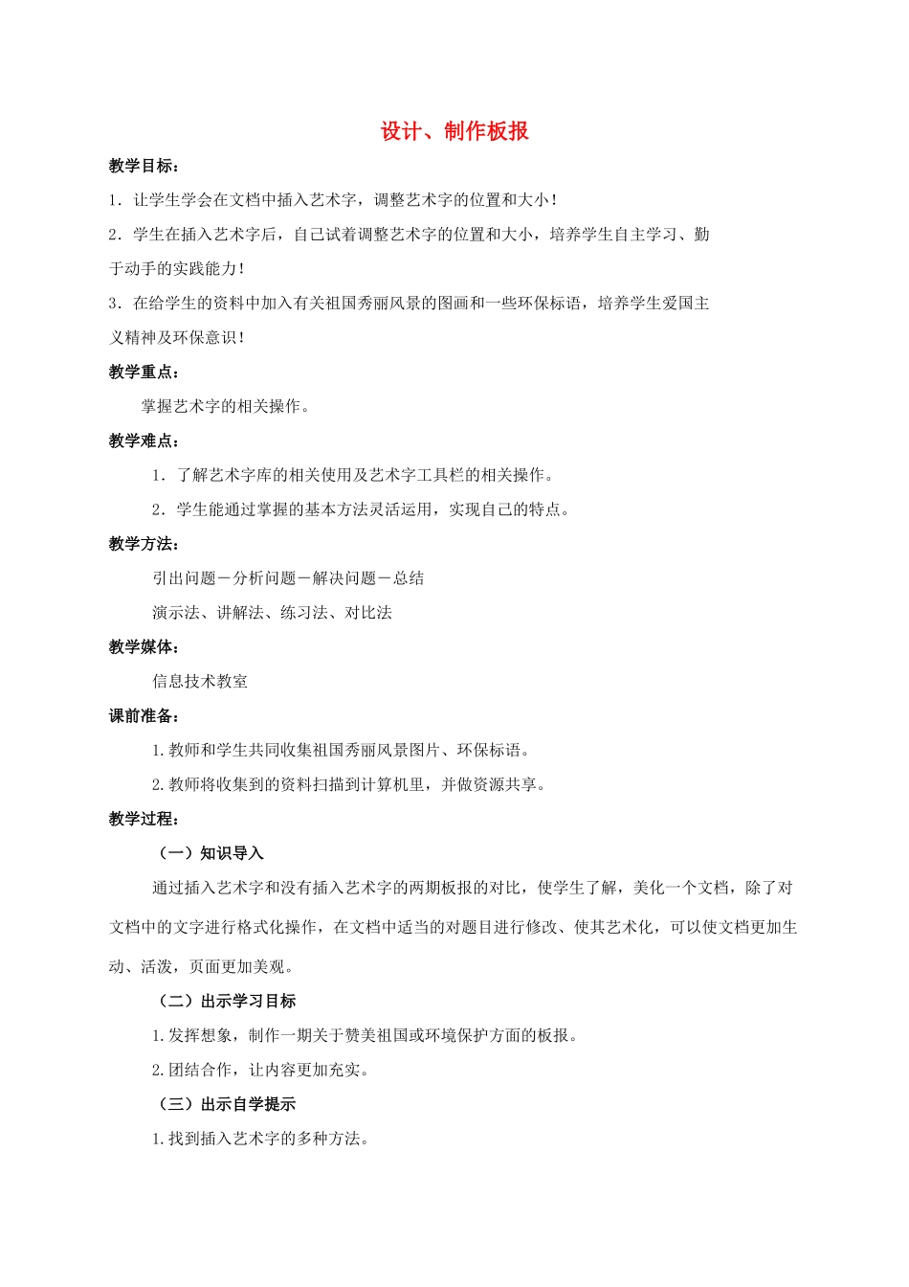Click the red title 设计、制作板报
coord(454,132)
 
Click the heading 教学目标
coord(143,167)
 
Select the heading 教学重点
coord(143,373)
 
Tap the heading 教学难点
coord(143,441)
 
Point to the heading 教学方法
coord(143,545)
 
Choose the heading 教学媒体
coord(143,648)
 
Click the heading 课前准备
coord(143,716)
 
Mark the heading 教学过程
coord(143,820)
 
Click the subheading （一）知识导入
coord(211,854)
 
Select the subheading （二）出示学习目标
coord(227,1002)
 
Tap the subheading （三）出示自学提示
coord(227,1105)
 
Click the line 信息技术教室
coord(200,682)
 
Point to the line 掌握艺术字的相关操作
coord(226,407)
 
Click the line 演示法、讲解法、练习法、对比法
coord(272,613)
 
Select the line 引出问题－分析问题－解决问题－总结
coord(288,578)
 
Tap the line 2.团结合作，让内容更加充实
coord(260,1071)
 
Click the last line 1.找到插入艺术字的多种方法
coord(260,1140)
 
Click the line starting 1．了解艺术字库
coord(353,476)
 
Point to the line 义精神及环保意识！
coord(178,338)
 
